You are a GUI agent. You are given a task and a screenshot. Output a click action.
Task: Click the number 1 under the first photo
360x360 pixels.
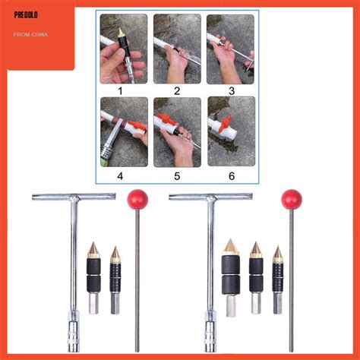click(123, 91)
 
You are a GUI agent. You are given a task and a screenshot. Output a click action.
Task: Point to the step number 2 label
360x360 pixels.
click(177, 91)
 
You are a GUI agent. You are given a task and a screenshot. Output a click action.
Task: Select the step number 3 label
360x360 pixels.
click(230, 91)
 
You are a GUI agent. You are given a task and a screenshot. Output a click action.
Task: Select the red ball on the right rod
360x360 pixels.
click(291, 200)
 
